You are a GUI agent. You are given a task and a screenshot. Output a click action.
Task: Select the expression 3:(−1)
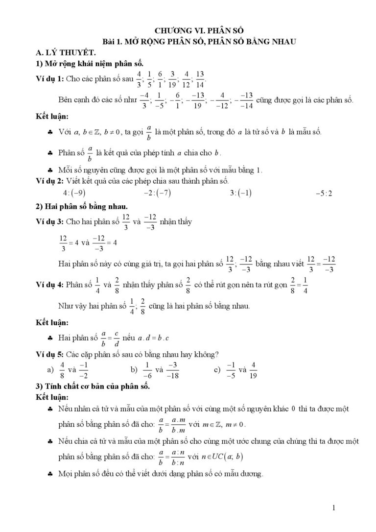(x=240, y=193)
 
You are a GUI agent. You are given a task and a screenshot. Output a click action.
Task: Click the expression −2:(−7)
(x=157, y=193)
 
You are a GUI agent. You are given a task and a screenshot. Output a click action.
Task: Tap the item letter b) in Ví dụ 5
(x=134, y=370)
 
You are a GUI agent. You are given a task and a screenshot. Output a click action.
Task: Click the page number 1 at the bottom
(x=333, y=508)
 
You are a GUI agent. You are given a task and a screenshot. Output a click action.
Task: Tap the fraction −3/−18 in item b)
(x=172, y=370)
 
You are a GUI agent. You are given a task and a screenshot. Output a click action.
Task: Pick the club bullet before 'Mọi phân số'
(x=51, y=475)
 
